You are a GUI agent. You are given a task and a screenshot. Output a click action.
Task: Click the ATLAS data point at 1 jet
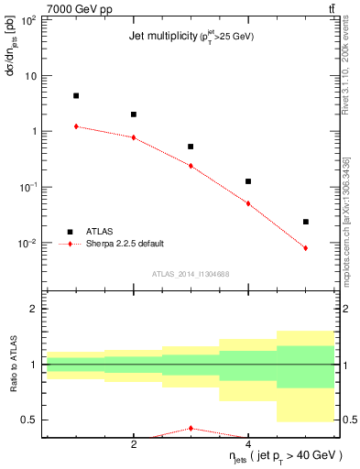(76, 95)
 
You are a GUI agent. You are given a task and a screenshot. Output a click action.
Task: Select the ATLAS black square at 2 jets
(134, 115)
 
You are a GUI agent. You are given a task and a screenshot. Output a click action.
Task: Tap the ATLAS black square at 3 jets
(191, 147)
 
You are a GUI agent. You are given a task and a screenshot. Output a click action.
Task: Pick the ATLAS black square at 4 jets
(248, 181)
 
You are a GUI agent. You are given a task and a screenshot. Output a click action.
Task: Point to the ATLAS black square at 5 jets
(306, 222)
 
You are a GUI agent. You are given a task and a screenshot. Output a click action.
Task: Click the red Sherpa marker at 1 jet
(76, 126)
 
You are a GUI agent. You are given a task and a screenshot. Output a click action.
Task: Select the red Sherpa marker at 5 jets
(306, 248)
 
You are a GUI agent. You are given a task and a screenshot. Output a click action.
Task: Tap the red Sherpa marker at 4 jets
(248, 203)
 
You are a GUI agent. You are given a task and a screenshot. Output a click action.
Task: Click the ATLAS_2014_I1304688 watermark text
(191, 273)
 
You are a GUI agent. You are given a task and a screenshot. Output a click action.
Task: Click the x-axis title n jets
(286, 455)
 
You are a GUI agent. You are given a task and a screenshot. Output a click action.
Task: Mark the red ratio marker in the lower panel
(191, 428)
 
